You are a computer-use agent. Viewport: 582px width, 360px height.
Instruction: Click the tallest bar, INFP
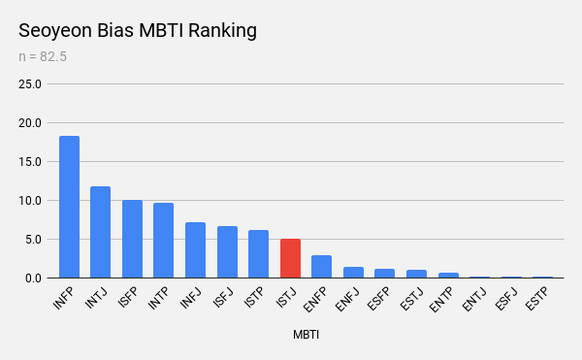(x=70, y=207)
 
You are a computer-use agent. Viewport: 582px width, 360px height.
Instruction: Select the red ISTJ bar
(x=290, y=258)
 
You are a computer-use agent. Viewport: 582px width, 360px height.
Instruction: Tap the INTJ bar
(x=100, y=232)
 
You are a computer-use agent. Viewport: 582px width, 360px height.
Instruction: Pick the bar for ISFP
(x=133, y=239)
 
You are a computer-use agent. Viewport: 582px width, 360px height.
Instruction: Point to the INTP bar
(x=163, y=240)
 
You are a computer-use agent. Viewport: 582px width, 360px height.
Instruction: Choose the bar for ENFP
(x=321, y=267)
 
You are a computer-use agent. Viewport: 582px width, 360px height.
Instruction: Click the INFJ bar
(x=195, y=250)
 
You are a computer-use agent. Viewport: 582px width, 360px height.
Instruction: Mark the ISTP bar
(x=258, y=254)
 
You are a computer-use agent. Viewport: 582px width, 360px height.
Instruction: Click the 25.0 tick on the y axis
(x=30, y=84)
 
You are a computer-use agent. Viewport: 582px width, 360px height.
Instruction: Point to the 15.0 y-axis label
(x=30, y=162)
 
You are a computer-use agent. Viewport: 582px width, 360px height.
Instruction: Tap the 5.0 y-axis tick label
(x=33, y=240)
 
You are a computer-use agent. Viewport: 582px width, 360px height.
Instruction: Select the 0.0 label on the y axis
(x=33, y=278)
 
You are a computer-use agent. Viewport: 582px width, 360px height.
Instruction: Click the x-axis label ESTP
(x=536, y=299)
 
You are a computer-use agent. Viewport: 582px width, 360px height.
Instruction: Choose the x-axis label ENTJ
(x=473, y=299)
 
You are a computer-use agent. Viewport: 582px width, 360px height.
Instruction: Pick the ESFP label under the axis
(x=378, y=299)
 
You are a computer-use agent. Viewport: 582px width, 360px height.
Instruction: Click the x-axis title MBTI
(x=306, y=335)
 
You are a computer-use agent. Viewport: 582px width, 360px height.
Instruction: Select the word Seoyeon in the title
(x=55, y=31)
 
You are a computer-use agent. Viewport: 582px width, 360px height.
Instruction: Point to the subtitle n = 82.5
(x=43, y=57)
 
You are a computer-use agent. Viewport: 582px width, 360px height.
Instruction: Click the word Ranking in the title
(x=222, y=31)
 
